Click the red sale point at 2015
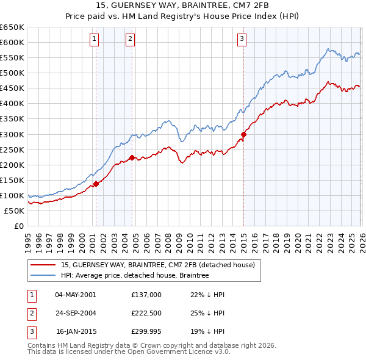[x=243, y=134]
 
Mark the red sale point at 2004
[x=132, y=158]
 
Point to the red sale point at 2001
[x=96, y=184]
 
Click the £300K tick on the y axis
[x=13, y=134]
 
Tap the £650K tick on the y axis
[x=13, y=27]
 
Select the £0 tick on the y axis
[x=19, y=226]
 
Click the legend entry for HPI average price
[x=135, y=276]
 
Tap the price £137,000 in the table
[x=146, y=295]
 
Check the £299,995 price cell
[x=146, y=333]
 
